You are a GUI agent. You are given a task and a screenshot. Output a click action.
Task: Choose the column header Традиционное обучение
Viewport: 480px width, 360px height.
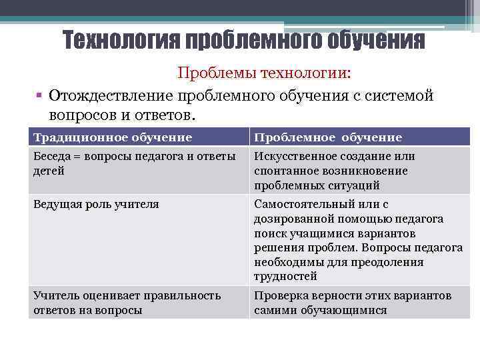(113, 137)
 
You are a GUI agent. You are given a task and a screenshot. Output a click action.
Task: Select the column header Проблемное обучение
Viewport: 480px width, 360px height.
(327, 137)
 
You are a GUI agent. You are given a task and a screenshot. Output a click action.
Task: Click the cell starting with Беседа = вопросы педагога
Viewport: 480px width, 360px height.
(134, 163)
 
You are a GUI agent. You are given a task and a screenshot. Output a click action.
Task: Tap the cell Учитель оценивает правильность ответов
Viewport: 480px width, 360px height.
(127, 303)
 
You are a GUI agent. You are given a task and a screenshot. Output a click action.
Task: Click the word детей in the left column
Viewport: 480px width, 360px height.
(49, 171)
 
